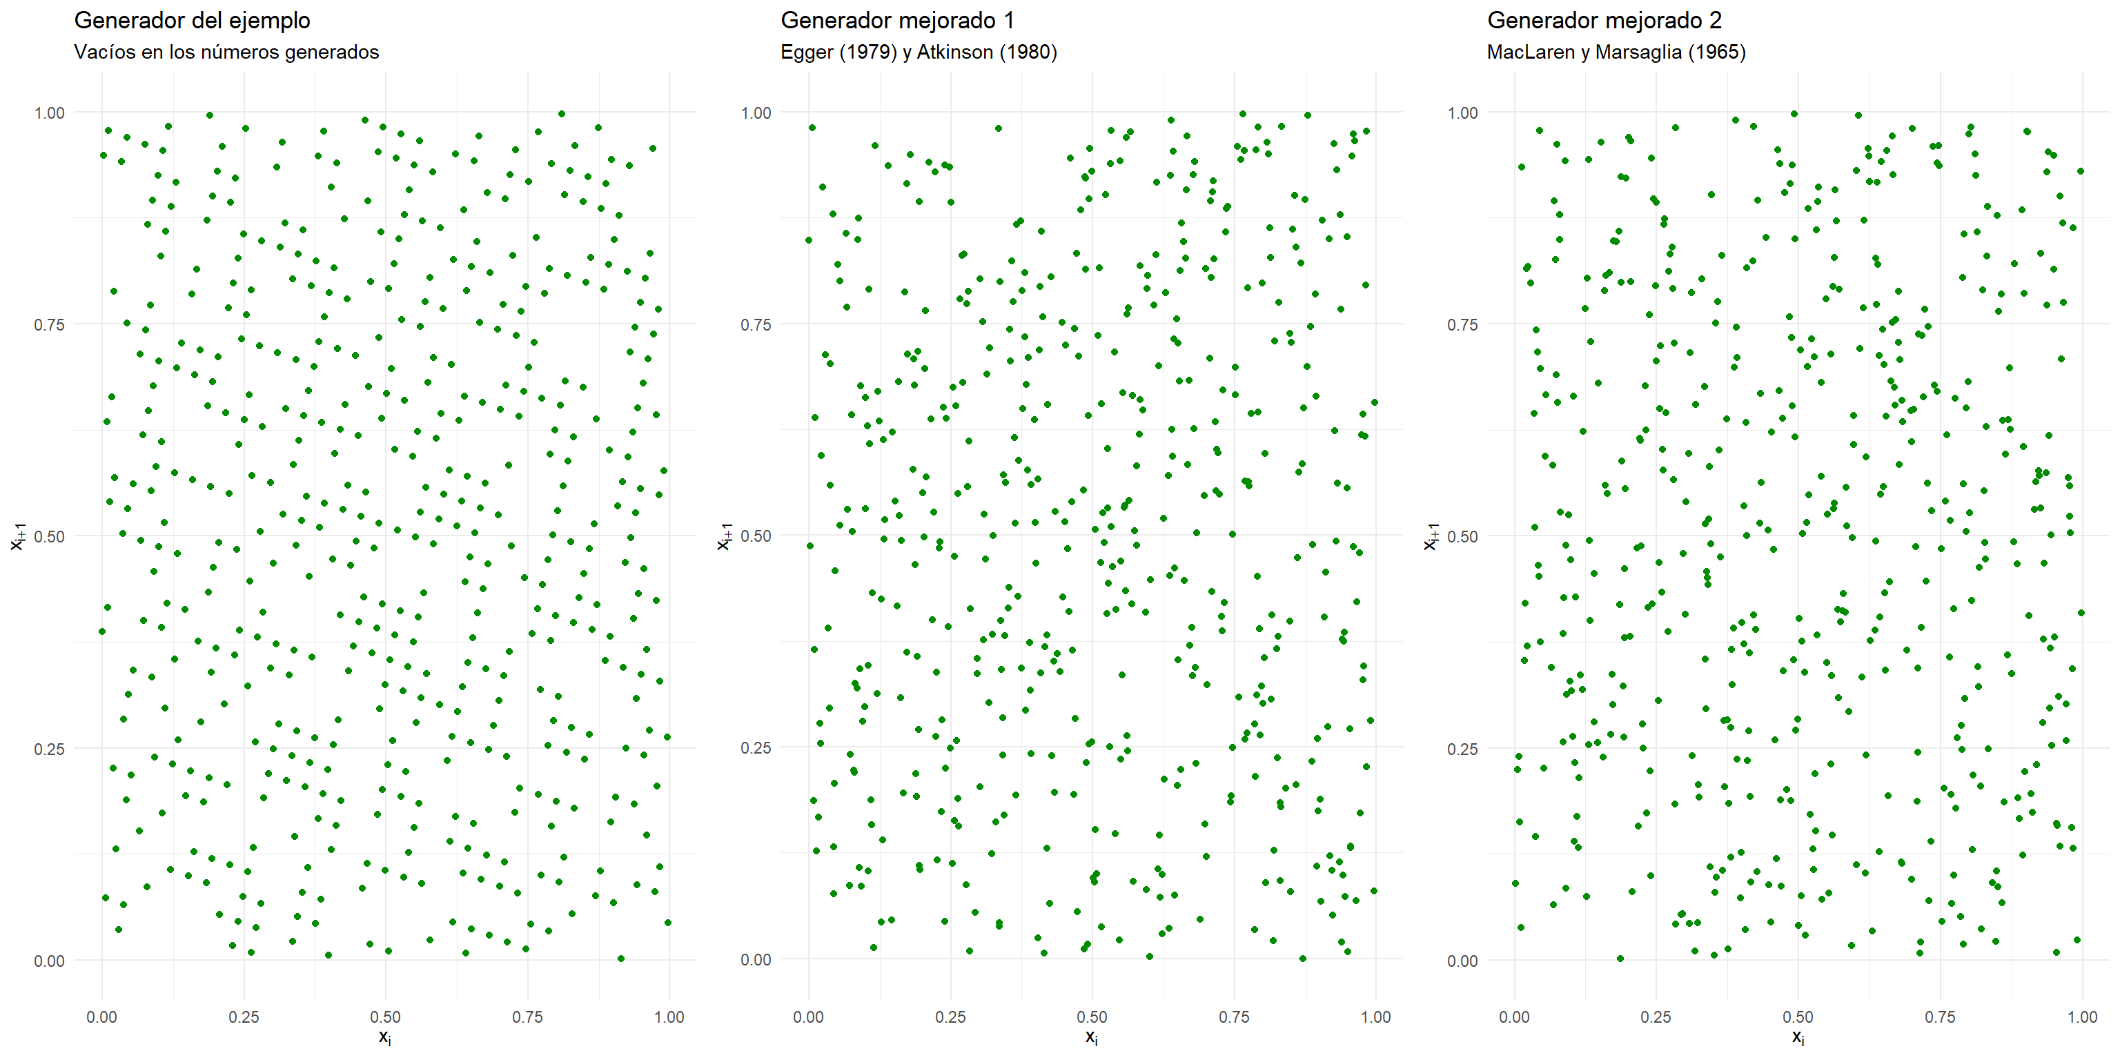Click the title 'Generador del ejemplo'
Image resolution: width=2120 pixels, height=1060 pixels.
(x=192, y=21)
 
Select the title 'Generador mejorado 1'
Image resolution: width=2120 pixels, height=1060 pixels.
(x=897, y=21)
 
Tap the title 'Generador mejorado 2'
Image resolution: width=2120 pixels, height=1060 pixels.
(x=1604, y=21)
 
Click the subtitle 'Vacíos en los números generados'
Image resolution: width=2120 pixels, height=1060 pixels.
(x=226, y=52)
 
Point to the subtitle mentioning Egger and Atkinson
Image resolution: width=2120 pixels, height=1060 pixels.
(x=919, y=52)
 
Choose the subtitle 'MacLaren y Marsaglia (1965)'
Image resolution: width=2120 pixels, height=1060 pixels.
(x=1616, y=52)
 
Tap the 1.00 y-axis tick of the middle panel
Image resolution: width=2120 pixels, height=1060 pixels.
(x=756, y=112)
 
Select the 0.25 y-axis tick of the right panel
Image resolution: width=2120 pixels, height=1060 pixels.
(x=1462, y=749)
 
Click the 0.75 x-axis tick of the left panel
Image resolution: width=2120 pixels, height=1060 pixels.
(x=527, y=1017)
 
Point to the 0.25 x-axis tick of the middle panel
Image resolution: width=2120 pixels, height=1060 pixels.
(x=950, y=1017)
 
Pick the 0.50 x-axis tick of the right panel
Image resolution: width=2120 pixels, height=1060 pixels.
(x=1798, y=1017)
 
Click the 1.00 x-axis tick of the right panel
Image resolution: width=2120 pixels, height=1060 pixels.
(x=2082, y=1017)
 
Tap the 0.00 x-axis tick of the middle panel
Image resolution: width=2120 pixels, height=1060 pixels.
(x=808, y=1017)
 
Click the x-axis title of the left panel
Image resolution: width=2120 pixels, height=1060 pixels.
(x=385, y=1037)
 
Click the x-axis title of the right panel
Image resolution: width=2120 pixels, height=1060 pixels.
(x=1798, y=1037)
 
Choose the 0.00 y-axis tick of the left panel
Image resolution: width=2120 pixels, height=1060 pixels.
(x=50, y=961)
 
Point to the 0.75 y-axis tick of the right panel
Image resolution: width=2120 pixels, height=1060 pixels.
(x=1462, y=325)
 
